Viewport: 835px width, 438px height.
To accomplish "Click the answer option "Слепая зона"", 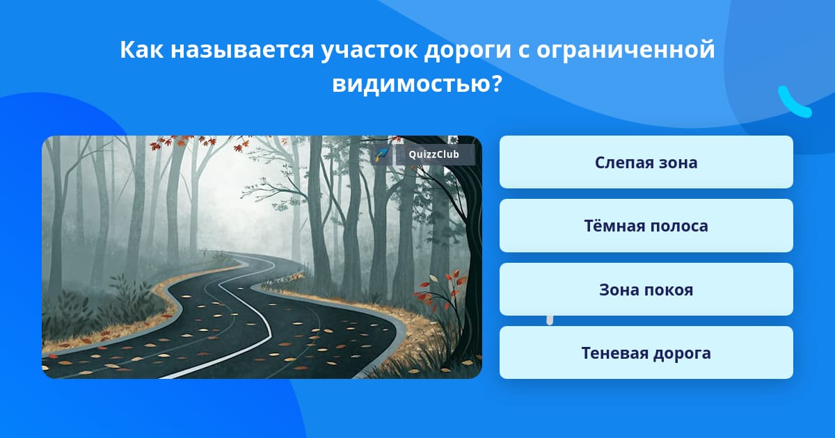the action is (646, 162).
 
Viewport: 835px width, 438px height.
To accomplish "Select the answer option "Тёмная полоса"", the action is (646, 226).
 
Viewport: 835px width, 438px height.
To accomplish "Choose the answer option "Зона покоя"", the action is (646, 289).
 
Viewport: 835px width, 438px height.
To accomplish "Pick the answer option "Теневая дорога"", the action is (646, 352).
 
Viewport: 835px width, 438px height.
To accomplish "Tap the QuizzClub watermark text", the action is (434, 154).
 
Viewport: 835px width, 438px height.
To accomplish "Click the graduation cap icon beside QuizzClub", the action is (381, 154).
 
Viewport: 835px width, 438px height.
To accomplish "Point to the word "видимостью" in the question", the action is (411, 83).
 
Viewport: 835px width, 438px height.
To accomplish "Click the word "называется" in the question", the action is (242, 50).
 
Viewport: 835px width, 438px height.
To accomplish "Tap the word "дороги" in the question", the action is (468, 51).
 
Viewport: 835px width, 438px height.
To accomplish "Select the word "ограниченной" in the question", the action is (626, 51).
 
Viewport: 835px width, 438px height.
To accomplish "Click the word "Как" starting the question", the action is (142, 49).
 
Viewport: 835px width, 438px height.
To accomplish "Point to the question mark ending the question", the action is (498, 83).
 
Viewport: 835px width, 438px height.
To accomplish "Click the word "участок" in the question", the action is (369, 51).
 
